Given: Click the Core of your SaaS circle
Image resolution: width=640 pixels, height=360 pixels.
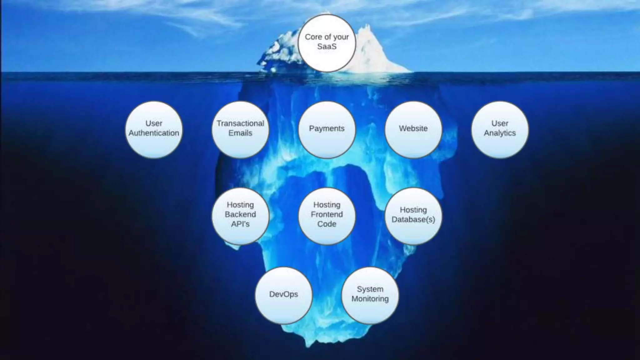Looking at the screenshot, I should [x=327, y=43].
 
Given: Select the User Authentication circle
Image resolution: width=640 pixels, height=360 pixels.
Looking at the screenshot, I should [x=154, y=130].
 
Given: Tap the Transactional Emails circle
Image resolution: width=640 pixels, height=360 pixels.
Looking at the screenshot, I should [x=240, y=130].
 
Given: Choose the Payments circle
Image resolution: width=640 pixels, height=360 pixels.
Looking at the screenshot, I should [x=327, y=130].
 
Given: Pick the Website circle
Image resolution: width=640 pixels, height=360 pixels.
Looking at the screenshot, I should [x=413, y=130].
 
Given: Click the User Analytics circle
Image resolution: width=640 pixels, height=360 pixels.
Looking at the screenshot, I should [x=500, y=130].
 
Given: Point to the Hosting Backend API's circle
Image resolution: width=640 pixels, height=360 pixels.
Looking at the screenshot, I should [x=240, y=216].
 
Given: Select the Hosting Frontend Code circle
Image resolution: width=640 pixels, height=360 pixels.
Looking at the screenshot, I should [x=327, y=216].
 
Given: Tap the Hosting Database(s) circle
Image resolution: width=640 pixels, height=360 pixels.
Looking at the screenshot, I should [x=413, y=216].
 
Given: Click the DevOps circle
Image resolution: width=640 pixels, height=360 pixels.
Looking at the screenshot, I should [x=284, y=295].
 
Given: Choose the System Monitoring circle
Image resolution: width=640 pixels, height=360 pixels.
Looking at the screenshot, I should [x=370, y=295].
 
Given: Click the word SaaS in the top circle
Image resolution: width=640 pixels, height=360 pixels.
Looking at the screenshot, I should [x=327, y=47].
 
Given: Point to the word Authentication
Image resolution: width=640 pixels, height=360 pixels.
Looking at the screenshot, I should [x=154, y=133].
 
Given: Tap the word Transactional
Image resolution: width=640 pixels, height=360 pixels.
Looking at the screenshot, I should [x=240, y=123].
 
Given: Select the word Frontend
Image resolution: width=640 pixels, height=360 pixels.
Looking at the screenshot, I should [x=327, y=214].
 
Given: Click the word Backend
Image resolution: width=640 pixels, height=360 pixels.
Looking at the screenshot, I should [x=240, y=214].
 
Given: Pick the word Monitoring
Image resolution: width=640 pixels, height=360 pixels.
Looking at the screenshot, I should [x=370, y=299].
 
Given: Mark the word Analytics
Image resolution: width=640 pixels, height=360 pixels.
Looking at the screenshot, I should [x=500, y=133].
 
